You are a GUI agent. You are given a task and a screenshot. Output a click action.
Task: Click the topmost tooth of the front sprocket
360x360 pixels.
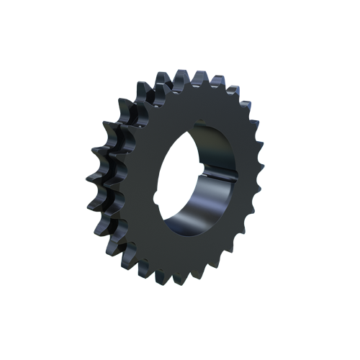[x=192, y=74]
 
